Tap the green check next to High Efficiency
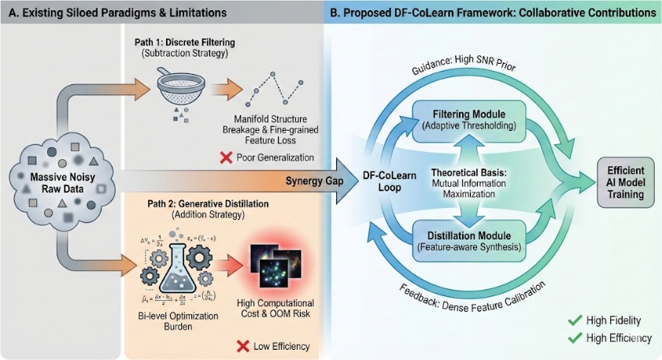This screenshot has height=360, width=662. coord(575,338)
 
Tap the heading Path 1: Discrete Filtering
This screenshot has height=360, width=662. coord(205,43)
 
